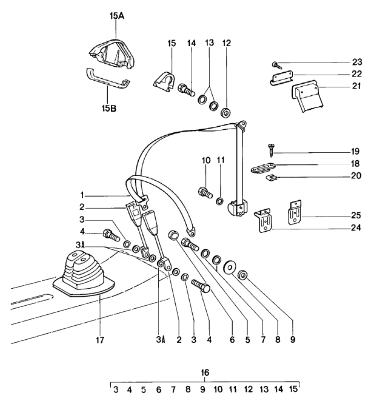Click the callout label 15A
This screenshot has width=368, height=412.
tap(117, 16)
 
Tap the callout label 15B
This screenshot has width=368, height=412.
tap(109, 108)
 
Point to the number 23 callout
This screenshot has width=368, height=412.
tap(356, 62)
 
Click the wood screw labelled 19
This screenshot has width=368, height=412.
tap(271, 150)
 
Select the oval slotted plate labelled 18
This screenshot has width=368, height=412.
tap(263, 169)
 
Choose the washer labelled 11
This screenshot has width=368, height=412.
tap(219, 201)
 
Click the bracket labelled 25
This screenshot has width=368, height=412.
tap(295, 212)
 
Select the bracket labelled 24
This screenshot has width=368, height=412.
tap(264, 220)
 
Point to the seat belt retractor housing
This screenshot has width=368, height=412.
tap(238, 209)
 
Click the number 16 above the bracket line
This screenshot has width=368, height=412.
tap(205, 373)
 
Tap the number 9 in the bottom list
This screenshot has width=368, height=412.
tap(202, 389)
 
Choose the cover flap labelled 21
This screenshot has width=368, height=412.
tap(307, 96)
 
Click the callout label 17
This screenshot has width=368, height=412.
tap(100, 340)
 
